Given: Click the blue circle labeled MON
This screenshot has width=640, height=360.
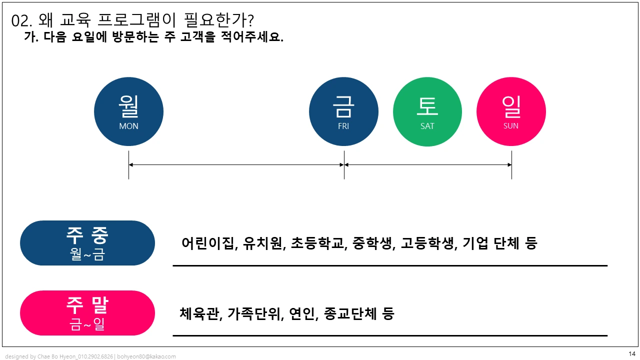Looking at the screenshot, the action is click(x=128, y=111).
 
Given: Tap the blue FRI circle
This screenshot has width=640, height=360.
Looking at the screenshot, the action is click(x=343, y=111).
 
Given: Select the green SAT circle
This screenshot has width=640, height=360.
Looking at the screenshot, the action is click(x=427, y=111).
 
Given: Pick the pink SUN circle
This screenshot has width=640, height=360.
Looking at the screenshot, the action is click(x=511, y=111).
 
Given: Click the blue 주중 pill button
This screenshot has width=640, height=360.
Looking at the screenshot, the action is click(x=87, y=243).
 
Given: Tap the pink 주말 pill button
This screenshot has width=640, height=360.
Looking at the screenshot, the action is click(x=87, y=313).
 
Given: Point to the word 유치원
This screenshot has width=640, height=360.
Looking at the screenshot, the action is click(x=262, y=243).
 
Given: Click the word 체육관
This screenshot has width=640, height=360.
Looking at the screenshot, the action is click(x=199, y=313).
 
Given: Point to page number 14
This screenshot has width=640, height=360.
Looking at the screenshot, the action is click(x=631, y=354).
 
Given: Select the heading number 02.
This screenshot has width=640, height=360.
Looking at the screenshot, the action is click(x=21, y=21).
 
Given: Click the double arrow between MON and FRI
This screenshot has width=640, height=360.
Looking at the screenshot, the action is click(x=236, y=164).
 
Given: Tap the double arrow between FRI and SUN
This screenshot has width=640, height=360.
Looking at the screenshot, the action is click(x=427, y=164).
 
